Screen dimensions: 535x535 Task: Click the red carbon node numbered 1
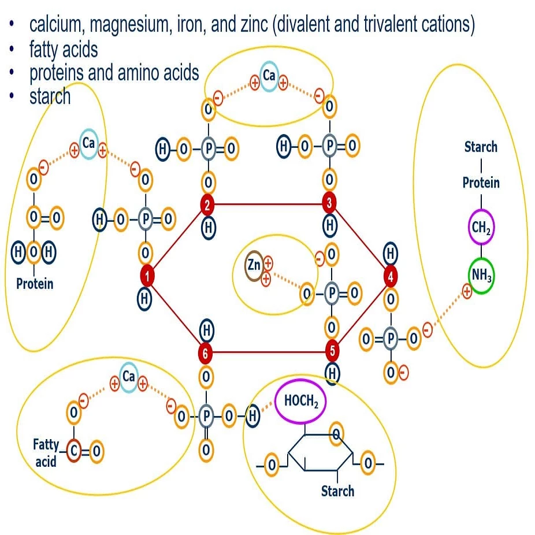(x=147, y=277)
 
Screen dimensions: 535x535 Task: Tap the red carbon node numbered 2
(x=208, y=203)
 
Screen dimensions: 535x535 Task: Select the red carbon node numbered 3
(x=329, y=203)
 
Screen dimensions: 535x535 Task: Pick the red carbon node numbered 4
(x=391, y=277)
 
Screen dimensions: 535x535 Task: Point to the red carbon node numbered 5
(x=332, y=350)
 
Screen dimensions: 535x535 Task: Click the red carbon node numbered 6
(x=205, y=352)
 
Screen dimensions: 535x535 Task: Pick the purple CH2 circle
(x=481, y=227)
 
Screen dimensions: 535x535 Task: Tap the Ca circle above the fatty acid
(x=128, y=377)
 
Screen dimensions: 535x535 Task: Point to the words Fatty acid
(x=46, y=453)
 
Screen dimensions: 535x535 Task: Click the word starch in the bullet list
(x=50, y=96)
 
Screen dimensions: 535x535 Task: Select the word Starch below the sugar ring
(x=337, y=491)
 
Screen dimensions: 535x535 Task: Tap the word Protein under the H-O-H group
(x=35, y=284)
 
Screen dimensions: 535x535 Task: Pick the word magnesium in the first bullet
(x=123, y=25)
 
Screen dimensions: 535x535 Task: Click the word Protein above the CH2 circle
(x=481, y=183)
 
